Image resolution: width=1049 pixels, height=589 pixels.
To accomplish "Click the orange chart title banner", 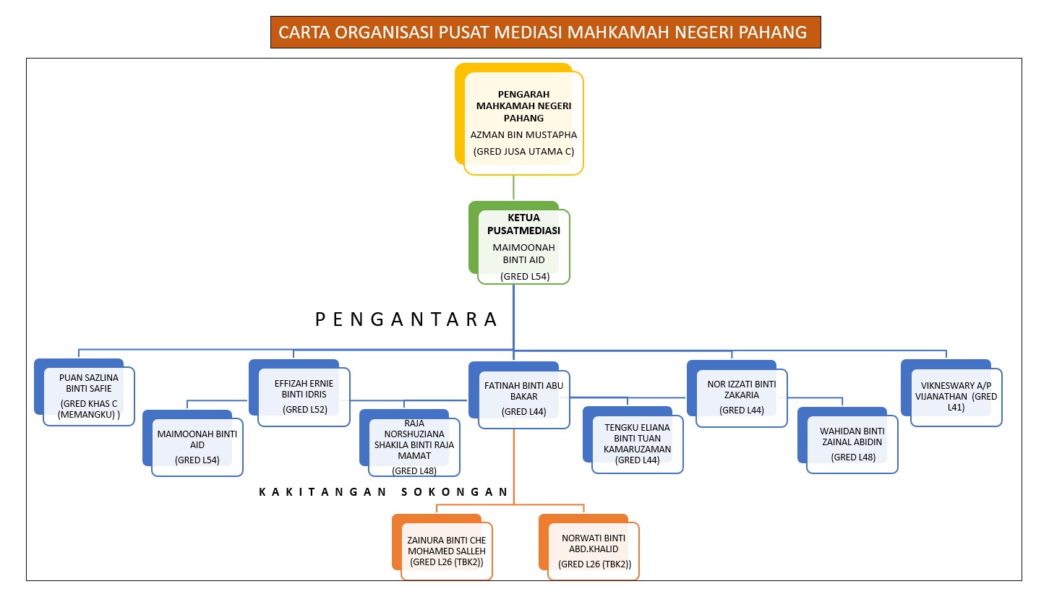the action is point(546,33).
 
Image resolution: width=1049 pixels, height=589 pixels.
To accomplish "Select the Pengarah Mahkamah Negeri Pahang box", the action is point(519,119).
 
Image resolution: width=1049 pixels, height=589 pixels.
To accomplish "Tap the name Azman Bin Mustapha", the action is point(523,135).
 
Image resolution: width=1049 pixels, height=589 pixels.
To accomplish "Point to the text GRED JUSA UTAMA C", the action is point(523,151).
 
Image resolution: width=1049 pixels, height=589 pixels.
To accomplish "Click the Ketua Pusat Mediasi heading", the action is point(523,224).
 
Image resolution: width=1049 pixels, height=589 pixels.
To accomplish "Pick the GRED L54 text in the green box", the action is point(525,276).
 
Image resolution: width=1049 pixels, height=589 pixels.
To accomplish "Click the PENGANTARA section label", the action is point(406,319).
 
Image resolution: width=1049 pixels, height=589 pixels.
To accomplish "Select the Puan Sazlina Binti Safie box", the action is point(85,392).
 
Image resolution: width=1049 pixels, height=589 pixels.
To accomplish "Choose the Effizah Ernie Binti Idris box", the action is point(299,393).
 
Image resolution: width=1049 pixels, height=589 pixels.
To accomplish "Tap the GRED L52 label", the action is point(305,409).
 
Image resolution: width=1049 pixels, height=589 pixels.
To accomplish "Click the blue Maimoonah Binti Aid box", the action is point(193,444).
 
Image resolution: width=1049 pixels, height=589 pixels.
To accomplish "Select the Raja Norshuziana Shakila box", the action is point(410,443).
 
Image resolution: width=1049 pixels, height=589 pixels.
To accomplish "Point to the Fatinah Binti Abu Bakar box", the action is point(519,395).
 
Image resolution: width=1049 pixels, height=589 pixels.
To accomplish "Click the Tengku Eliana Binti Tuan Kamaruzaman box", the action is point(633,440).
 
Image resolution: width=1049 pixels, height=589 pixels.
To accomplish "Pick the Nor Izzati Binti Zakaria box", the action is point(737,394).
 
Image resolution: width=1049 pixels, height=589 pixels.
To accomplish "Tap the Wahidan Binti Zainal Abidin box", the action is point(847,441).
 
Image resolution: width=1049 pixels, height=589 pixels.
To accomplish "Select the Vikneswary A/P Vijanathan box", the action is point(951,393).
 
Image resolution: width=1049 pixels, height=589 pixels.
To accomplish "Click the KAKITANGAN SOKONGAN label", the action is point(383,491).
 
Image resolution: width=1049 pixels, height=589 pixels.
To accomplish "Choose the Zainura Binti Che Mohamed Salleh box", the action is point(442,547).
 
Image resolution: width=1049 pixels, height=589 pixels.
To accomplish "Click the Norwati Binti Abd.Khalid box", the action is point(589,547).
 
